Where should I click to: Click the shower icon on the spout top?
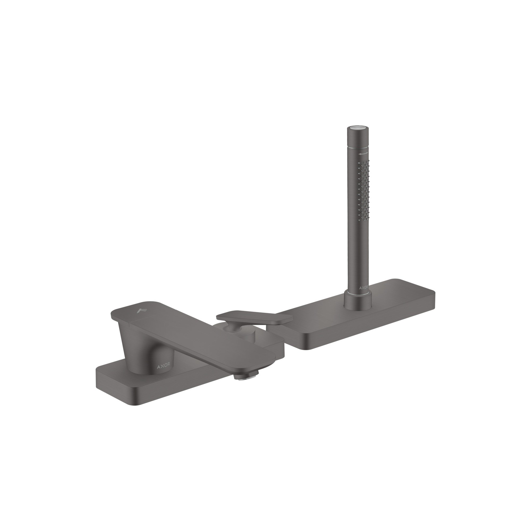141,311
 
